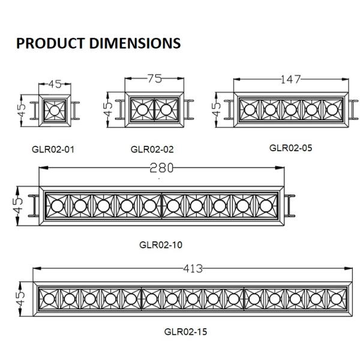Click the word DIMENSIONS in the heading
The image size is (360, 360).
135,43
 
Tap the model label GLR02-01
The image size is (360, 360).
53,149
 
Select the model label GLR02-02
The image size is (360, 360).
152,149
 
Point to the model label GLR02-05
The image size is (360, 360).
290,148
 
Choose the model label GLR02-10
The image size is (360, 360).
161,245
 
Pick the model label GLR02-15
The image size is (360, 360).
185,332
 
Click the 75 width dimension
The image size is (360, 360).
155,79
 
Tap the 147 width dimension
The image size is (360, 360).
290,79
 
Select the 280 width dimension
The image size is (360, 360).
161,168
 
